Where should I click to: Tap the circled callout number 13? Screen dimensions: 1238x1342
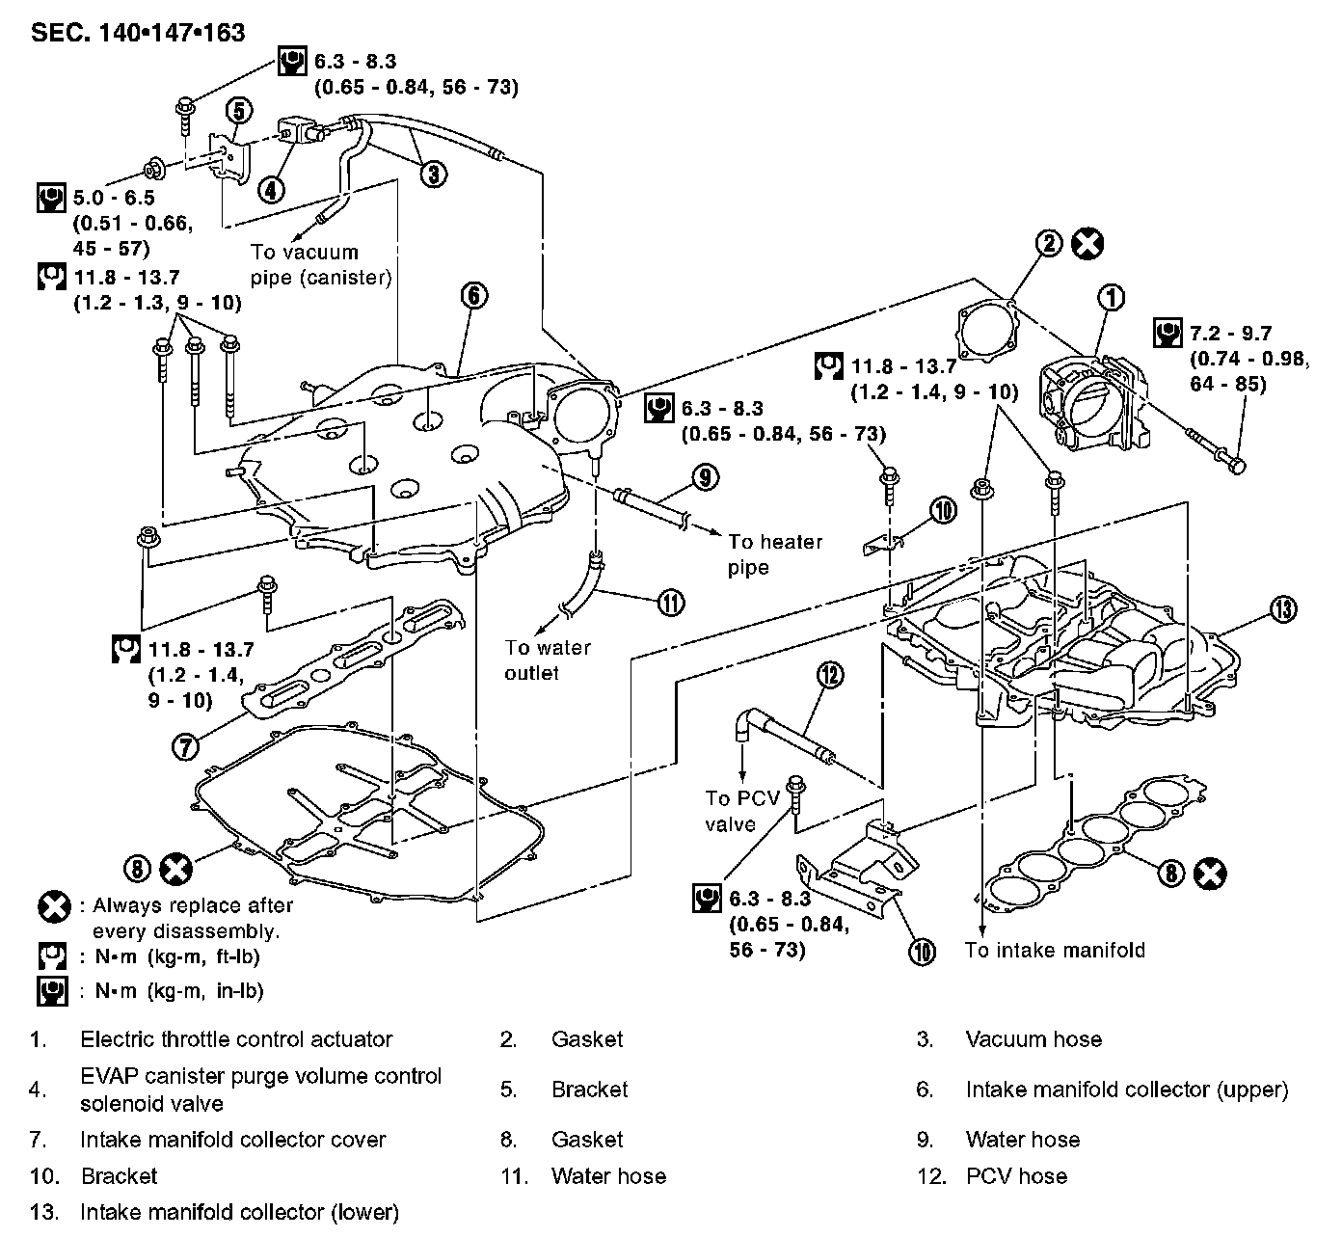coord(1282,608)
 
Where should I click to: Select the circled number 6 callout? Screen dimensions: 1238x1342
coord(473,295)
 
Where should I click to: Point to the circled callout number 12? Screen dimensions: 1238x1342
coord(829,674)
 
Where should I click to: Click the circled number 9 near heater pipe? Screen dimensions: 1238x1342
coord(705,475)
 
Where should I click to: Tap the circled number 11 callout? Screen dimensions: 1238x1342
coord(670,603)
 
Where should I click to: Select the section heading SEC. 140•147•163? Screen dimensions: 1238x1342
coord(138,33)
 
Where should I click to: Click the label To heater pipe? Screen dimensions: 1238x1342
coord(775,553)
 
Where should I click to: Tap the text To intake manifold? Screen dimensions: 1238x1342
coord(1055,950)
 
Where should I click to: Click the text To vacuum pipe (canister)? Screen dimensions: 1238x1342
coord(321,265)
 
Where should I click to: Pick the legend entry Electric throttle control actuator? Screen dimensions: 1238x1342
coord(236,1039)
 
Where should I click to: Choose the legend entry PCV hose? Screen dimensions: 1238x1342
coord(1016,1176)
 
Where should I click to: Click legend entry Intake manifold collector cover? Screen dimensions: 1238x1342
coord(232,1140)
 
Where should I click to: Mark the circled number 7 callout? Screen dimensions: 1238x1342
coord(186,744)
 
